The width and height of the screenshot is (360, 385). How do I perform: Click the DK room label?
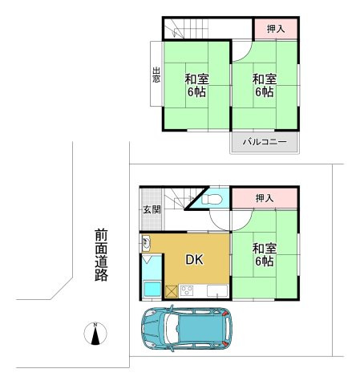(194, 259)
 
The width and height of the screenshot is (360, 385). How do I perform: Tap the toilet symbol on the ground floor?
(212, 199)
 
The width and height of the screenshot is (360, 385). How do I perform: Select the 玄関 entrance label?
(152, 209)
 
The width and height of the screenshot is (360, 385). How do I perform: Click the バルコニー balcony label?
(265, 142)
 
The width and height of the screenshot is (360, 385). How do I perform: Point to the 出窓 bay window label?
(156, 75)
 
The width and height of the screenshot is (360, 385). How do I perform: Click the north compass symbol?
(95, 334)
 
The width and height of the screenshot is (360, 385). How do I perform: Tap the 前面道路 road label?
(101, 255)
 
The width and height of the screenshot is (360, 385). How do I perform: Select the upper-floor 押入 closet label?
(276, 29)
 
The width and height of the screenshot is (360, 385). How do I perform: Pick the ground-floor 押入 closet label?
(265, 198)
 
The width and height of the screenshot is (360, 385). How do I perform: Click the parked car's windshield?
(171, 328)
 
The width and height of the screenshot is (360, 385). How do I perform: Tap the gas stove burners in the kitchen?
(187, 290)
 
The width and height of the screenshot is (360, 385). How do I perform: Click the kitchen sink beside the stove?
(217, 291)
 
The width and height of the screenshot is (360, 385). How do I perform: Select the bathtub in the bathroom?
(152, 289)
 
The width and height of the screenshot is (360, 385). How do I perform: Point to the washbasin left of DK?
(146, 243)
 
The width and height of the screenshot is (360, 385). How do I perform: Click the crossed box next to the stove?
(172, 291)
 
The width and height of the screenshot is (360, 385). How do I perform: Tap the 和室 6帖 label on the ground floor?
(265, 254)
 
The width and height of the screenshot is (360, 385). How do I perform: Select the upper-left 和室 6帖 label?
(196, 85)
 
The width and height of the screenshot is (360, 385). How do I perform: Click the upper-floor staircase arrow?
(175, 30)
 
